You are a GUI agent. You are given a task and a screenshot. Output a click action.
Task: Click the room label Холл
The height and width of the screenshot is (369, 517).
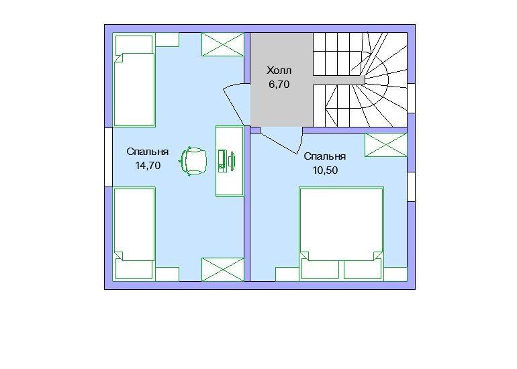279,70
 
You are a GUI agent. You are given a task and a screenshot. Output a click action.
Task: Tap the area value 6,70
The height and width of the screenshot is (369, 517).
279,85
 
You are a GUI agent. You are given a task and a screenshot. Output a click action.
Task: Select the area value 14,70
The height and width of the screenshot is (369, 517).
148,166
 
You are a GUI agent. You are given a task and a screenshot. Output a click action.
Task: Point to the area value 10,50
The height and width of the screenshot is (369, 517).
325,170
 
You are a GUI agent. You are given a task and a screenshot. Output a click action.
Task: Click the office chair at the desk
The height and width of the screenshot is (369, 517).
193,162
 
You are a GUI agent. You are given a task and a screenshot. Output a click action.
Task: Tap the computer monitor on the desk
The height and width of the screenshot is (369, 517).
232,161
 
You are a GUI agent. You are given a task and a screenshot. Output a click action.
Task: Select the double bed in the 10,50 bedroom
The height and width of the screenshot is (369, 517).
342,233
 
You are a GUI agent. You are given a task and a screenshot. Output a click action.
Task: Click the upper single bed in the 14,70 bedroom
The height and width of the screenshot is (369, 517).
134,80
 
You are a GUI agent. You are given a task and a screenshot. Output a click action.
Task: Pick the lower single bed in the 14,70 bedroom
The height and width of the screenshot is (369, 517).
134,234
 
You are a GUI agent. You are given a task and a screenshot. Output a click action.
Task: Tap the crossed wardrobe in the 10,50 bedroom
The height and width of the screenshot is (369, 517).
386,145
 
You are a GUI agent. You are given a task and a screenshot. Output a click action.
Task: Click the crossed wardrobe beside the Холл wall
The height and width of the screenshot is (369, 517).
223,44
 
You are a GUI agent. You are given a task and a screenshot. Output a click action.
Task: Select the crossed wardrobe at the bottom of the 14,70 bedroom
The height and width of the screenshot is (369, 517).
223,270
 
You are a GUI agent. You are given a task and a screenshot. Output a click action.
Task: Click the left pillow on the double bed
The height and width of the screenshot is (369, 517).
320,270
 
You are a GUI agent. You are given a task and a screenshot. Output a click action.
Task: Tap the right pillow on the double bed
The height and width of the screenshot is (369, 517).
363,270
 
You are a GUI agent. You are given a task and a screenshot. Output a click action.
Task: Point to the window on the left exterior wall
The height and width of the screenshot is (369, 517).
109,157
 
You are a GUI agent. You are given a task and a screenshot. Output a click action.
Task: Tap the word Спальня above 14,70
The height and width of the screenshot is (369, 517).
148,152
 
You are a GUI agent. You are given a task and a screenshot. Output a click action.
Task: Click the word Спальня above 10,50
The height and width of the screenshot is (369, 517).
325,156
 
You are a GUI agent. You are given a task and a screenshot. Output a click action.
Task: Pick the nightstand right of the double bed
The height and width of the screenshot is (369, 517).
395,274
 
